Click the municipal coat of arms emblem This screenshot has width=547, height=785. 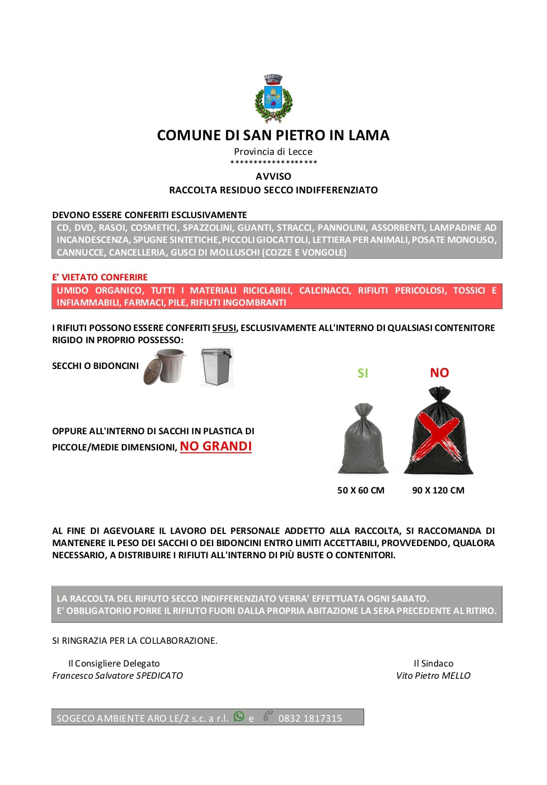pos(273,99)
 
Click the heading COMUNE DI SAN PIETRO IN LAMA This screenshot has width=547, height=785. pos(273,135)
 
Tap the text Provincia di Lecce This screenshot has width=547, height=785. pos(273,151)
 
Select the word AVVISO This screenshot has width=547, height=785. pos(273,176)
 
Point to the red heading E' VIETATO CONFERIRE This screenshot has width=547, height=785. pos(100,277)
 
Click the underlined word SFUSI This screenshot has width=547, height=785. pos(224,328)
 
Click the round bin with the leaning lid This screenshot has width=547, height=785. pos(164,367)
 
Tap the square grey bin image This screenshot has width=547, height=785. pos(217,367)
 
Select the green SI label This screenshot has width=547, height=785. pos(363,373)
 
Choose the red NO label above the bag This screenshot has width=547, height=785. pos(439,373)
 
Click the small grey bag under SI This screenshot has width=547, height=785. pos(363,439)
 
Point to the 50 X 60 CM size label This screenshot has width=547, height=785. pos(361,490)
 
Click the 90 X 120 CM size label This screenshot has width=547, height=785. pos(438,490)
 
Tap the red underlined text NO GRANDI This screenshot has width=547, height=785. pos(216,446)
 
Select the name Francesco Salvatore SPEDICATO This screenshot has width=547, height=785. pos(118,676)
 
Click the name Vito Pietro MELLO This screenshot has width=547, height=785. pos(433,676)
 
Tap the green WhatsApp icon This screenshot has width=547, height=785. pos(239,717)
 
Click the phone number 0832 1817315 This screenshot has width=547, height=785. pos(310,718)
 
